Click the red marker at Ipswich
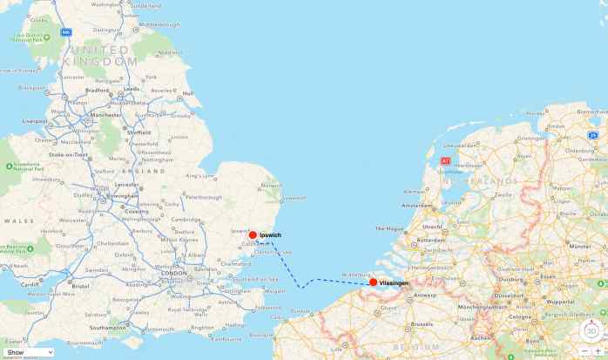tap(253, 235)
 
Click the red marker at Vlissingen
tap(373, 282)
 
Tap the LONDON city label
tap(173, 273)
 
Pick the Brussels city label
tap(423, 323)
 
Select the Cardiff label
tap(30, 283)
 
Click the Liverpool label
tap(36, 121)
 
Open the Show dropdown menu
tap(28, 352)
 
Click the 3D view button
tap(592, 331)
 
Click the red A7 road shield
tap(445, 161)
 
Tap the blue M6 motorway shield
tap(65, 32)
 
